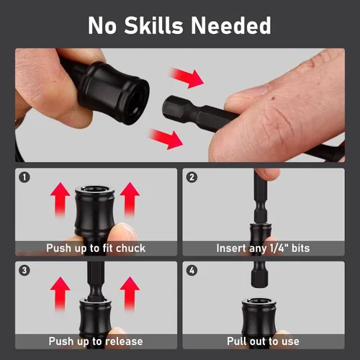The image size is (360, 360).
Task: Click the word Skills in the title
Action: click(x=153, y=25)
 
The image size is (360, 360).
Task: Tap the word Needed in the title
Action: click(x=231, y=25)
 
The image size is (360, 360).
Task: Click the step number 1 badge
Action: click(x=24, y=178)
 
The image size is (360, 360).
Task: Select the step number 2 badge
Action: click(x=192, y=178)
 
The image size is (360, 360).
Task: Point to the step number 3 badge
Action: click(x=24, y=271)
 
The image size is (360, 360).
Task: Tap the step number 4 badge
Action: click(x=192, y=271)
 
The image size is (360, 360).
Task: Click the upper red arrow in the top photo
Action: click(x=186, y=78)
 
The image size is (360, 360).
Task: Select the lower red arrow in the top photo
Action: click(x=166, y=140)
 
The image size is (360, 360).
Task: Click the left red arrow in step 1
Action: click(x=60, y=199)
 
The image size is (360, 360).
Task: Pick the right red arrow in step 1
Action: click(x=130, y=199)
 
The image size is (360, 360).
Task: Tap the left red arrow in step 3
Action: click(x=60, y=294)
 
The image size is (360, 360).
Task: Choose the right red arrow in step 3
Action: click(x=130, y=294)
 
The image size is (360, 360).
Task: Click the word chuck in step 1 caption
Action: click(x=130, y=248)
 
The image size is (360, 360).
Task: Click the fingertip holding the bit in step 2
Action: click(x=268, y=174)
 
